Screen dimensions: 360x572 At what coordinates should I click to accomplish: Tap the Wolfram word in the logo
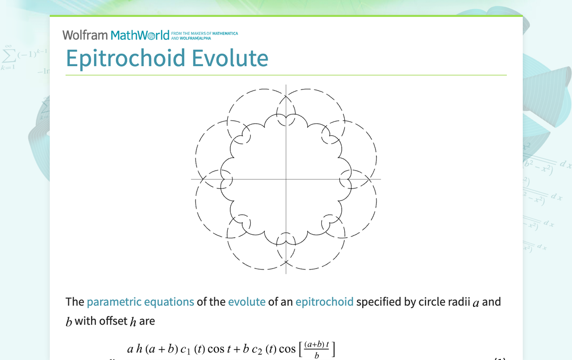85,35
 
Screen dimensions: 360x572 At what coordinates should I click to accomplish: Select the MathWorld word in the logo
140,35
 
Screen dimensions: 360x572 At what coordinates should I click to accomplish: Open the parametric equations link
140,302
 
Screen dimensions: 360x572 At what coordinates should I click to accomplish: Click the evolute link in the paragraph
247,302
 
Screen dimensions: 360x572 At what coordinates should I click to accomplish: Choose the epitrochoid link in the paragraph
324,302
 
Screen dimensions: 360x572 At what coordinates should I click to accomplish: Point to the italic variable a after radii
476,303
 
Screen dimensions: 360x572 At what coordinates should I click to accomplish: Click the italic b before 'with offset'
69,322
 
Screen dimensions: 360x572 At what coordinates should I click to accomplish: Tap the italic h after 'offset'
133,322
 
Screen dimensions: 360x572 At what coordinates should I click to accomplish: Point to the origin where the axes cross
286,179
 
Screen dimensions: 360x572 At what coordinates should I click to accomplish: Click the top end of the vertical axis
286,85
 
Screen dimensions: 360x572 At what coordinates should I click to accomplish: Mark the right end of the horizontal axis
381,179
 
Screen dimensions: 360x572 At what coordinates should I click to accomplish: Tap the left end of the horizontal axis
191,179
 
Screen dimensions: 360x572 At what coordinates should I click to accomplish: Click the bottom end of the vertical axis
286,273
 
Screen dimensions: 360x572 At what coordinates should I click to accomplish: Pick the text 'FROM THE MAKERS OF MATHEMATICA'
204,33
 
